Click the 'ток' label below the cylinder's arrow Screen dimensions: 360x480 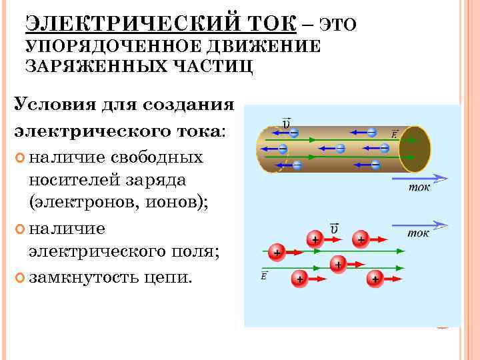click(419, 187)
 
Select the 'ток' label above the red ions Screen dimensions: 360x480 click(418, 233)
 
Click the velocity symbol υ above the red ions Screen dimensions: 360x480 click(333, 229)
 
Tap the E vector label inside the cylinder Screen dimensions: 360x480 click(394, 134)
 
